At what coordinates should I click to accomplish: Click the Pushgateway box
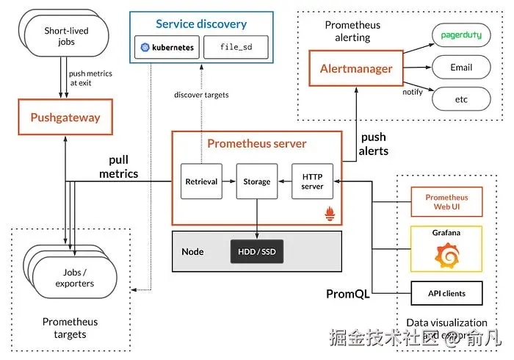tap(65, 118)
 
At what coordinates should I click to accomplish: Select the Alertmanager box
tap(356, 69)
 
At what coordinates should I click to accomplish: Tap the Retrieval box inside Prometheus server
tap(201, 181)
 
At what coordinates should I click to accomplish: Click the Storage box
tap(257, 181)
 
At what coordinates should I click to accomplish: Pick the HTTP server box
tap(312, 181)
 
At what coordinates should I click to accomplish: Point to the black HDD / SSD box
tap(256, 252)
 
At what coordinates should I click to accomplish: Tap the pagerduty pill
tap(460, 35)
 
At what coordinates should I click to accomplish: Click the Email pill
tap(460, 68)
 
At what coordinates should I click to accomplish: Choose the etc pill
tap(460, 99)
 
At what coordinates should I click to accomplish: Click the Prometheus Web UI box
tap(446, 202)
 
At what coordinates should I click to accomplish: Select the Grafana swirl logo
tap(446, 255)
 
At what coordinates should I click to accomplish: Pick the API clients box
tap(446, 294)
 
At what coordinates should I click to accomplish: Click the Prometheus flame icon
tap(330, 214)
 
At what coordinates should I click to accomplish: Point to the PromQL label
tap(348, 295)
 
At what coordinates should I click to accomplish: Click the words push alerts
tap(374, 144)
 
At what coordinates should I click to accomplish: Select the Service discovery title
tap(200, 24)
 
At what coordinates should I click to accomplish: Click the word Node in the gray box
tap(192, 252)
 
